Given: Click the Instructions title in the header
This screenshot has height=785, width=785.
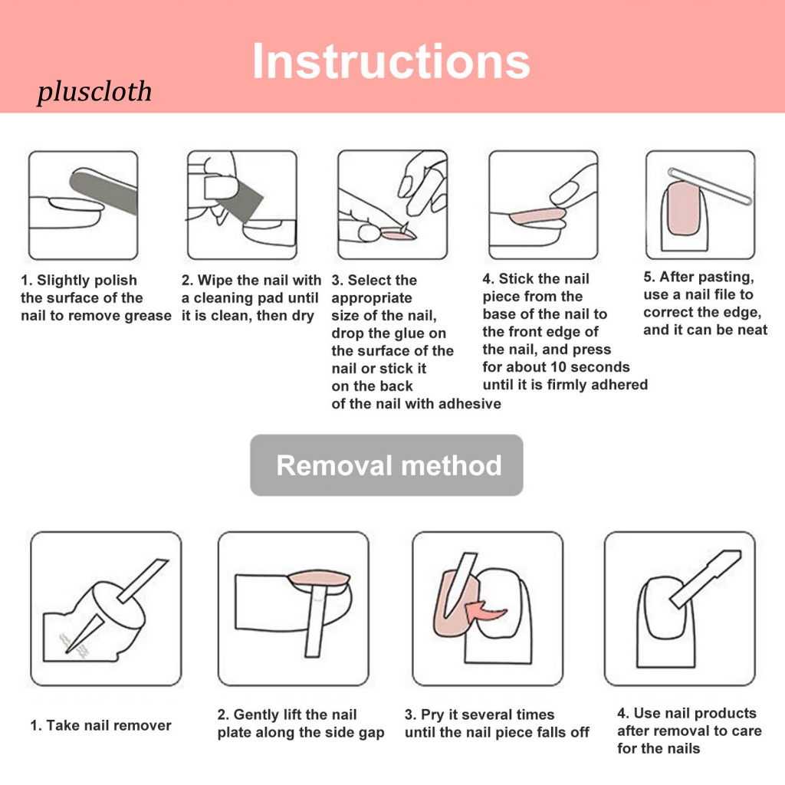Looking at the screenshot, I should point(391,61).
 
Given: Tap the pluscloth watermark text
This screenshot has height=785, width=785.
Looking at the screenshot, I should point(94,93).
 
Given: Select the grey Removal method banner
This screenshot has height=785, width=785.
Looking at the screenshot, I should point(387,465).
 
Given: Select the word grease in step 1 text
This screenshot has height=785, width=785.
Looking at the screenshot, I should point(146,316).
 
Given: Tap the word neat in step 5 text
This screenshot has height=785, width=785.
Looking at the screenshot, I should point(752,330).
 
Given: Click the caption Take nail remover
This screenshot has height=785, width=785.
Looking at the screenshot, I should point(100,725).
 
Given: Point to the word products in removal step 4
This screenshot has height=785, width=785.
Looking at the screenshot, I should point(720,714).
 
